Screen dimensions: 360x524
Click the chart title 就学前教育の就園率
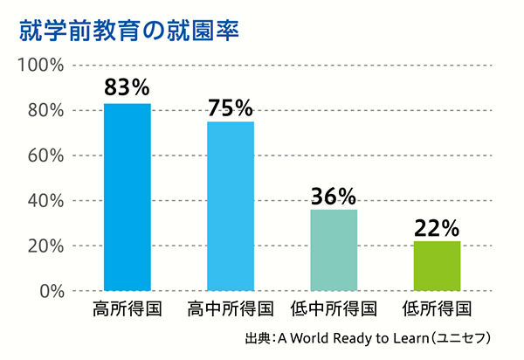pos(128,29)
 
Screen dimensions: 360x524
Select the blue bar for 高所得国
pos(128,197)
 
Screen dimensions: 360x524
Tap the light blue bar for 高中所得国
pos(231,205)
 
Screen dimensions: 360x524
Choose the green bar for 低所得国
pos(437,266)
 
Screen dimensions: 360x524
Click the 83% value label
pos(128,87)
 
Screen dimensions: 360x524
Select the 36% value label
pos(334,195)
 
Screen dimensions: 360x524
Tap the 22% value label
pos(437,227)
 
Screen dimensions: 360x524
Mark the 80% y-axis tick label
pos(44,111)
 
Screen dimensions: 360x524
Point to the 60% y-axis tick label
pos(44,156)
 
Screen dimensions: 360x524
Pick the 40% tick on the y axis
pos(44,201)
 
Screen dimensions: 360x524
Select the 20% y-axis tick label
pos(44,246)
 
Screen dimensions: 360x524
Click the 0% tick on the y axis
pos(48,291)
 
